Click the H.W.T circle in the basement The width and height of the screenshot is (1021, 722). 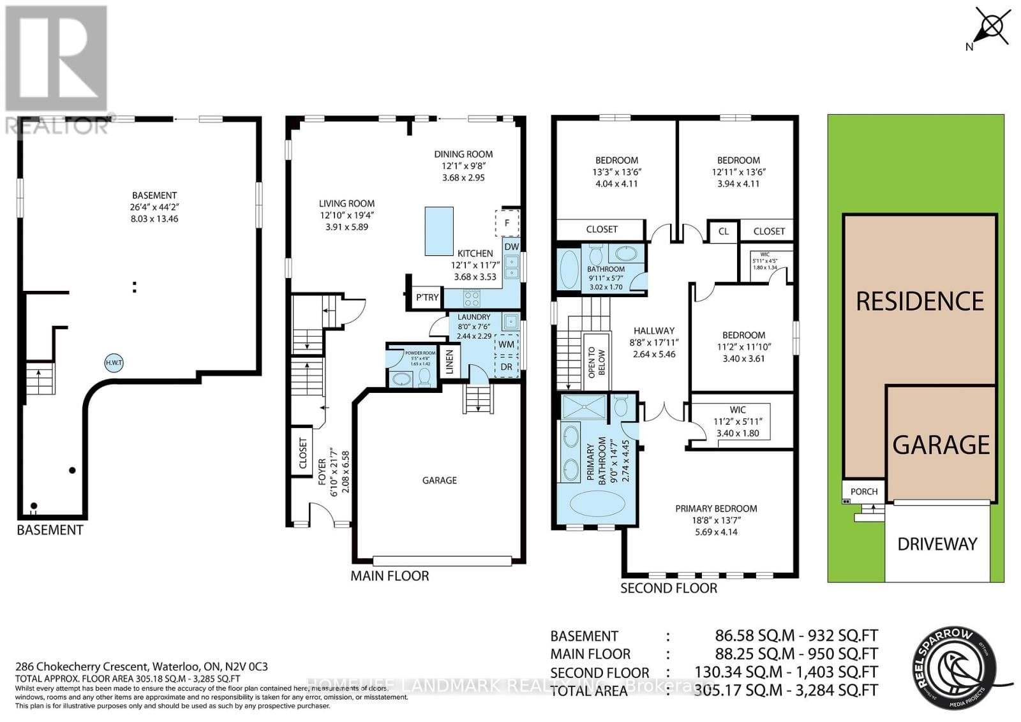pyautogui.click(x=114, y=364)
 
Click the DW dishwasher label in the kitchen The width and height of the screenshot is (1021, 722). pyautogui.click(x=512, y=247)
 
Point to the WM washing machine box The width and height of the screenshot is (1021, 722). pyautogui.click(x=506, y=344)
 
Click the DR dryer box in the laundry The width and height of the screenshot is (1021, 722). pyautogui.click(x=506, y=367)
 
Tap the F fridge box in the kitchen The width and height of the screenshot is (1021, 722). pyautogui.click(x=507, y=223)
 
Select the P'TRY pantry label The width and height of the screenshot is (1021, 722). pyautogui.click(x=427, y=297)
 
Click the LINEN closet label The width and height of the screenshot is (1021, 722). pyautogui.click(x=449, y=362)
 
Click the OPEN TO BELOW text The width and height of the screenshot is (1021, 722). pyautogui.click(x=592, y=362)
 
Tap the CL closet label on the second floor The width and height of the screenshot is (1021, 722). pyautogui.click(x=723, y=231)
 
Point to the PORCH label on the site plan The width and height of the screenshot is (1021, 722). pyautogui.click(x=864, y=492)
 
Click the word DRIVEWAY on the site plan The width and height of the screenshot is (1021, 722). pyautogui.click(x=937, y=544)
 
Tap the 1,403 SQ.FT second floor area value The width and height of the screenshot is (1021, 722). pyautogui.click(x=846, y=672)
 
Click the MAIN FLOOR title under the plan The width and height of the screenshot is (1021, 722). pyautogui.click(x=389, y=576)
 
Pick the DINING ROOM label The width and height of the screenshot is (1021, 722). pyautogui.click(x=463, y=154)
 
